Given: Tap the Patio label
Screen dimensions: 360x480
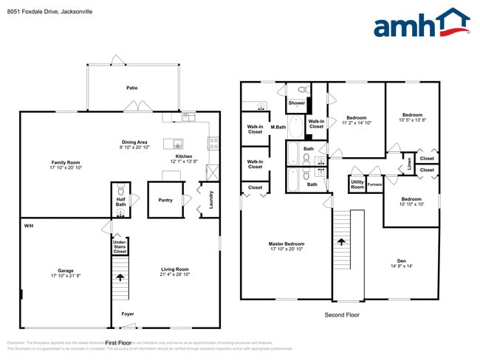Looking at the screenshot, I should pos(131,88).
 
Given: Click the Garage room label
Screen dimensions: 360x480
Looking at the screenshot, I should pos(66,273).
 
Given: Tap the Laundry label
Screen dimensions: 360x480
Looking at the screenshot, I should pos(210,200).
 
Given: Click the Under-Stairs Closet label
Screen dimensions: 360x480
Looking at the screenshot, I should pos(120,246).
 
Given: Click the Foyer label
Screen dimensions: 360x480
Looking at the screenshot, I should pos(128,314).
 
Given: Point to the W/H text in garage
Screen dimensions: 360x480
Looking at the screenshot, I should pos(28,225).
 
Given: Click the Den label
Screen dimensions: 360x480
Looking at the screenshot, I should pos(402,263).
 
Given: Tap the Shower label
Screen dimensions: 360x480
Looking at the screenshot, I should pos(297,103).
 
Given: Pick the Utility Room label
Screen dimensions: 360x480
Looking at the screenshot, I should pos(357,185).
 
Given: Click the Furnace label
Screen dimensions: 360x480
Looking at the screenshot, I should pos(374,184).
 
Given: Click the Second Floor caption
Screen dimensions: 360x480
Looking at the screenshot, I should pos(340,314).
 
